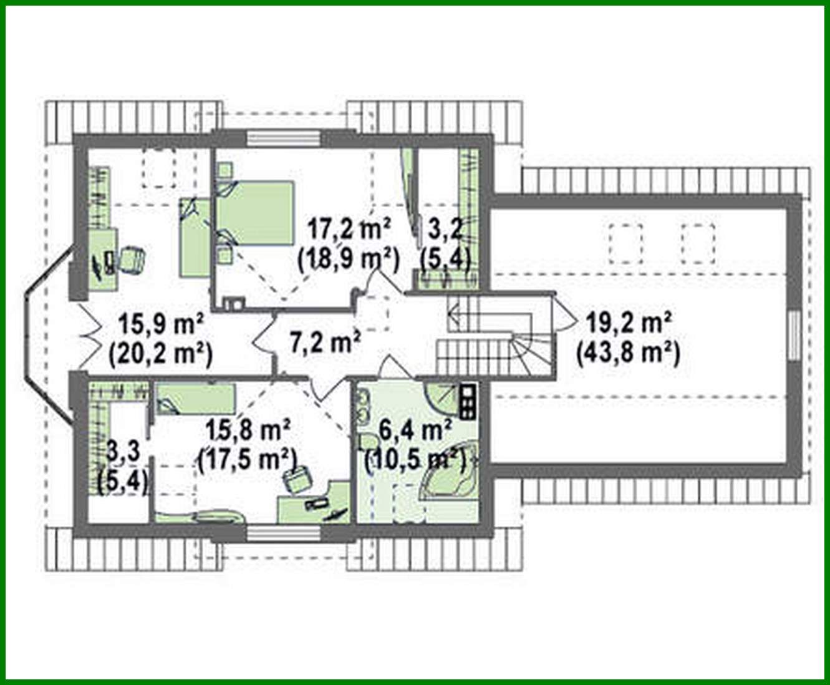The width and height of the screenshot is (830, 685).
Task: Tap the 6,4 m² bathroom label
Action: click(415, 430)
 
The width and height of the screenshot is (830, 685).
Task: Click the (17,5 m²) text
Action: click(248, 460)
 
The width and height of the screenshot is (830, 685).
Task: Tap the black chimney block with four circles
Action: click(467, 401)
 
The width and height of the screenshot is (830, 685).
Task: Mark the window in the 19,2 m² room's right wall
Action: click(793, 335)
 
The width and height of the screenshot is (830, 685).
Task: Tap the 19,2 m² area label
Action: click(628, 323)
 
